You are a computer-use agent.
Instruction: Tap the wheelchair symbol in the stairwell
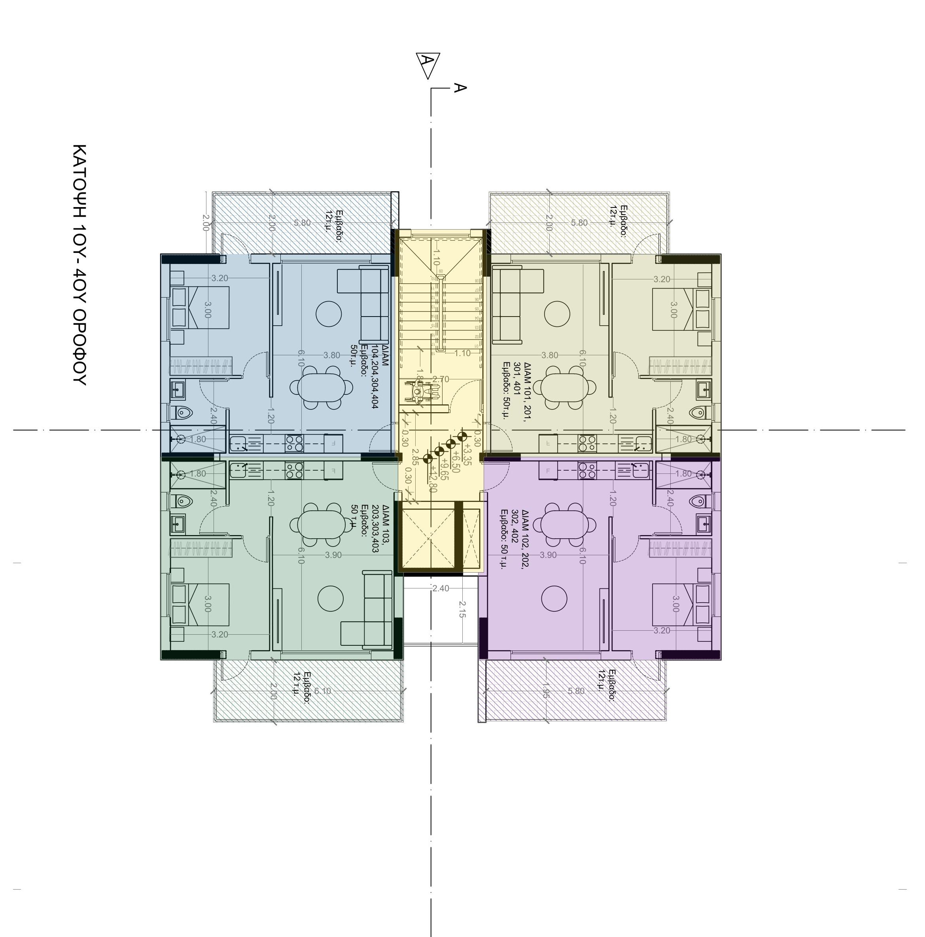(x=418, y=391)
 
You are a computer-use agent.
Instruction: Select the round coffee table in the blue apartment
(x=329, y=314)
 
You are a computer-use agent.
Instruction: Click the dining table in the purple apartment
(x=564, y=524)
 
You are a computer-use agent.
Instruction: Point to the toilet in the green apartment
(x=183, y=500)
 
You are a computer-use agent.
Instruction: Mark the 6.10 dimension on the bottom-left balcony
(x=322, y=691)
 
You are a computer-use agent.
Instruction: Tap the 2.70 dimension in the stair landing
(x=440, y=379)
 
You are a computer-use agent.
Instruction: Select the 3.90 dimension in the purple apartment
(x=548, y=555)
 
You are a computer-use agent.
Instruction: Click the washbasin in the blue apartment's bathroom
(x=178, y=388)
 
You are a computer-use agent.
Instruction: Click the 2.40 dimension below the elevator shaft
(x=440, y=588)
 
